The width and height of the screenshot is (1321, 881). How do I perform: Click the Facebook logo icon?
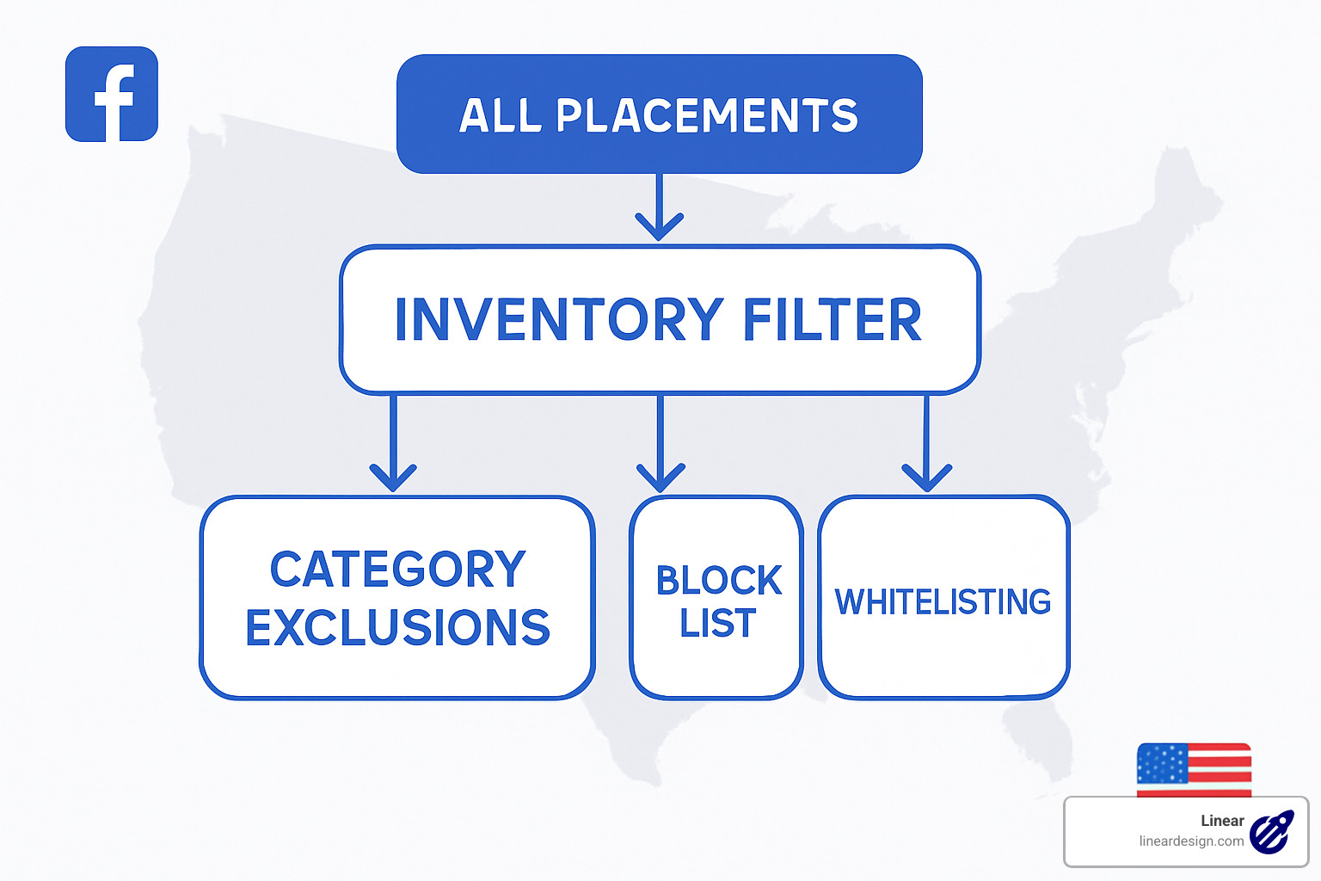pos(112,95)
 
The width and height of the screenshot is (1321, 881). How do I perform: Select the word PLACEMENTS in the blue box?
pos(707,116)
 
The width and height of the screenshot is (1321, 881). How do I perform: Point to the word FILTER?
pos(832,320)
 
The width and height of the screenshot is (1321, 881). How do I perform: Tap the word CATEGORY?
pos(397,570)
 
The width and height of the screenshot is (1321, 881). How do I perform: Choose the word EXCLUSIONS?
pos(397,628)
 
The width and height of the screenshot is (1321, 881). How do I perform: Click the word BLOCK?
pos(718,581)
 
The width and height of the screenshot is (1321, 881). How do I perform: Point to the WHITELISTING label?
pos(943,602)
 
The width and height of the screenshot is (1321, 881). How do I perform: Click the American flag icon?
pos(1194,769)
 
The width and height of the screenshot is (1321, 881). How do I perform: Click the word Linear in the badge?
pos(1222,821)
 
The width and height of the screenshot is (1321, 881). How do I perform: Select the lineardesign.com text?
pos(1191,841)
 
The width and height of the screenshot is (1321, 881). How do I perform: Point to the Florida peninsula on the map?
pos(1041,740)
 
